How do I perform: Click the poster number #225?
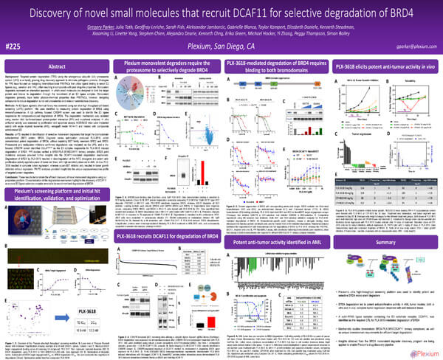(19, 45)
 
